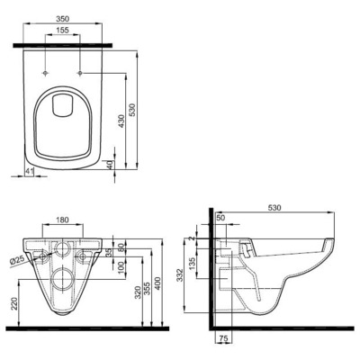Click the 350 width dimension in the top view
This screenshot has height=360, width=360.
point(63,16)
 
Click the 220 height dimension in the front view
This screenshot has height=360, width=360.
point(13,305)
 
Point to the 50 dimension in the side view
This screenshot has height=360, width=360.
point(220,217)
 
